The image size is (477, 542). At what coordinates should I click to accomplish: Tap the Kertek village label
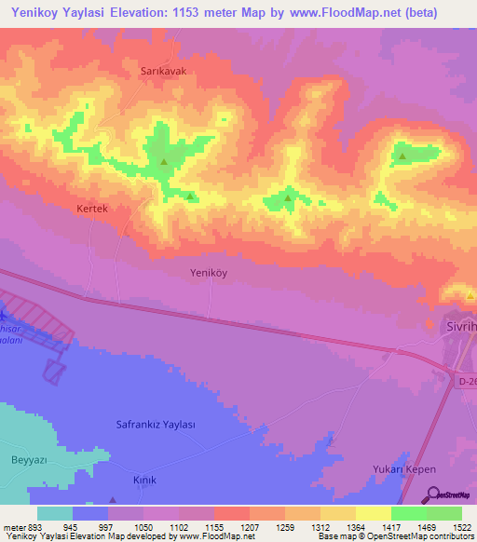(93, 210)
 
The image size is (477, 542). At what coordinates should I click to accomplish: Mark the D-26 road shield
(467, 381)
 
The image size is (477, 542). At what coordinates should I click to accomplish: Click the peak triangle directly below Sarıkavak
(164, 162)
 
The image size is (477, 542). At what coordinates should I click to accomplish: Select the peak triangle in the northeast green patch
(402, 156)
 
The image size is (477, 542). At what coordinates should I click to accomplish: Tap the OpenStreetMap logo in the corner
(451, 495)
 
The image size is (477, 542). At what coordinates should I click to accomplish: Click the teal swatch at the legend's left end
(55, 513)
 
